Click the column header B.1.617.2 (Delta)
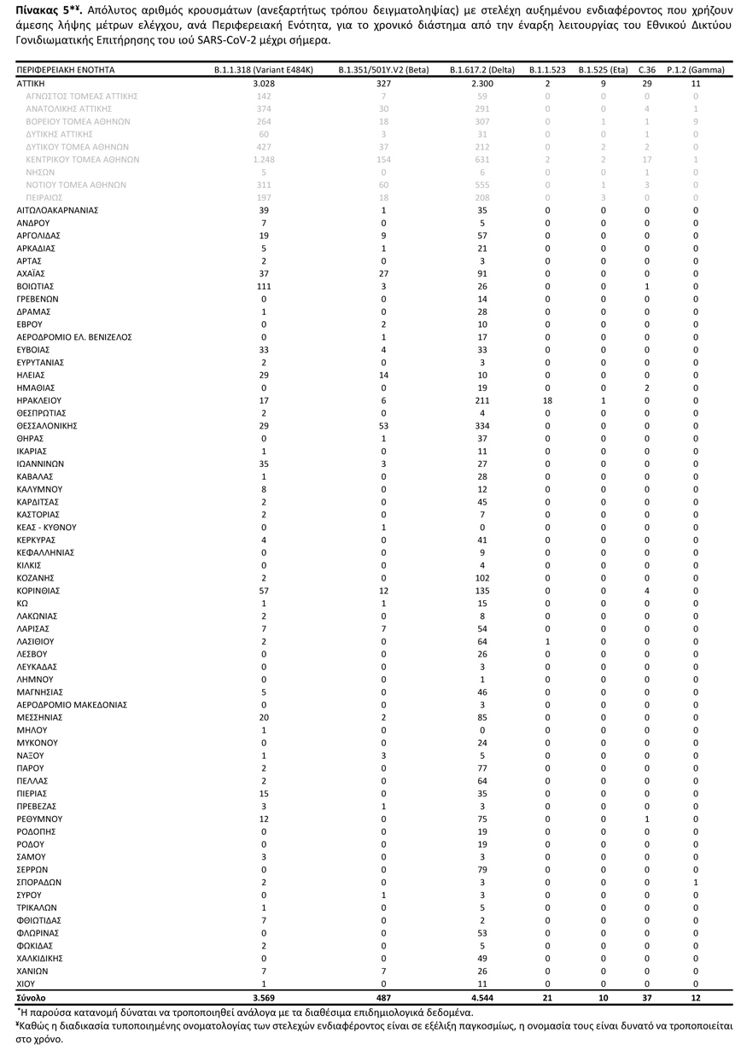482,70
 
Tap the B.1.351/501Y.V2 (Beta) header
383,70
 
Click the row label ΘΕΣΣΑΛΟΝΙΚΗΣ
48,425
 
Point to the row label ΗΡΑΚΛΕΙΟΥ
39,400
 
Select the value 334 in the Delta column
482,425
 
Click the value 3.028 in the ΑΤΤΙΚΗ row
264,84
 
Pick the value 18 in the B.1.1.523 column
547,400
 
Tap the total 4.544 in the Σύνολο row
482,997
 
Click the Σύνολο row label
32,997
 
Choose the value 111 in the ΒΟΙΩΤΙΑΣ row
264,286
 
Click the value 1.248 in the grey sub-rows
264,160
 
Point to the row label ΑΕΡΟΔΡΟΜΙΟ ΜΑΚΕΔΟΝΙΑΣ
73,704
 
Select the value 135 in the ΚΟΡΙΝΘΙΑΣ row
482,591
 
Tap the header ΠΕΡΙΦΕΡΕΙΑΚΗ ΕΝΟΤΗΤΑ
66,70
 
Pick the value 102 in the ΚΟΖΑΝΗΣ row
482,578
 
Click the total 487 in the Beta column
383,997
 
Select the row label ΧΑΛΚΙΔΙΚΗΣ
42,958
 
